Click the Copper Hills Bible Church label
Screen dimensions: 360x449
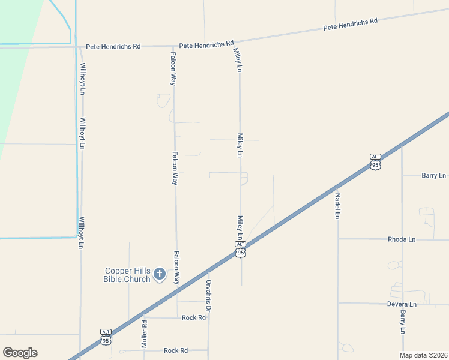click(128, 275)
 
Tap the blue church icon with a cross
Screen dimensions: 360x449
click(159, 274)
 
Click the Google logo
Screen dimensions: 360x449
click(20, 353)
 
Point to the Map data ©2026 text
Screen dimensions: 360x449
click(423, 355)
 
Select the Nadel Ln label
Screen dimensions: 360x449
click(338, 205)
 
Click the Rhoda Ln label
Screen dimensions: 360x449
click(402, 239)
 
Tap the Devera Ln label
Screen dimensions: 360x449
click(402, 304)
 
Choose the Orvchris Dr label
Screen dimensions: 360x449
click(208, 295)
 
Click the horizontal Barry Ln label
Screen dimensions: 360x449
click(433, 176)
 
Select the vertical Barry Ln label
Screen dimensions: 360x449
click(403, 322)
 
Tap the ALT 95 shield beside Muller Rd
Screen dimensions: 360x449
click(106, 337)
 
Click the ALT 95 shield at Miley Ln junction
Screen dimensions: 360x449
click(240, 249)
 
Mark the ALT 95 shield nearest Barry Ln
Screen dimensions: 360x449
click(375, 161)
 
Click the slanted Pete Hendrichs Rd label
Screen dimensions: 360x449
click(350, 25)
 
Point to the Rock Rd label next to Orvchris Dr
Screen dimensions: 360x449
click(194, 317)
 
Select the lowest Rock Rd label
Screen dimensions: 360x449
click(176, 350)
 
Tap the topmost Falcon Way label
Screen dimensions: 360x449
click(172, 69)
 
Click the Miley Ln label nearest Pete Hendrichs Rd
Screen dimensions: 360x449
click(238, 61)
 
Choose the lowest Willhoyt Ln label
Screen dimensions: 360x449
click(80, 233)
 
